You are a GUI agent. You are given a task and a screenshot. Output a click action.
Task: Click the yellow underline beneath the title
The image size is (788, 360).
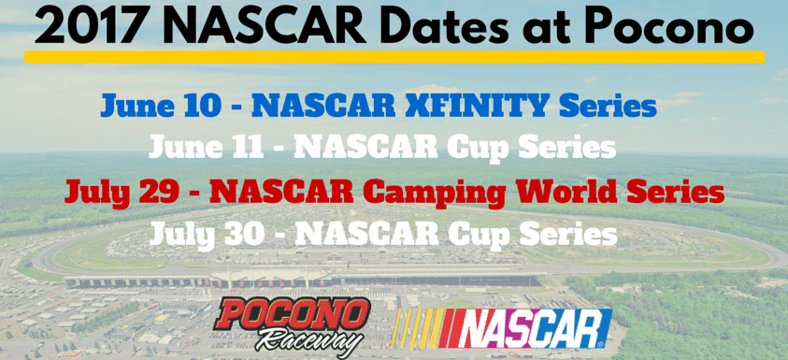(394, 57)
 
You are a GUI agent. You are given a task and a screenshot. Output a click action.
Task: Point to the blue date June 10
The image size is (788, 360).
(161, 106)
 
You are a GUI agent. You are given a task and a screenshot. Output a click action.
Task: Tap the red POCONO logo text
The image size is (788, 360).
(292, 315)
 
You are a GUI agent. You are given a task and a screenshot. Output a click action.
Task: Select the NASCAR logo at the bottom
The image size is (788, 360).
(501, 328)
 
